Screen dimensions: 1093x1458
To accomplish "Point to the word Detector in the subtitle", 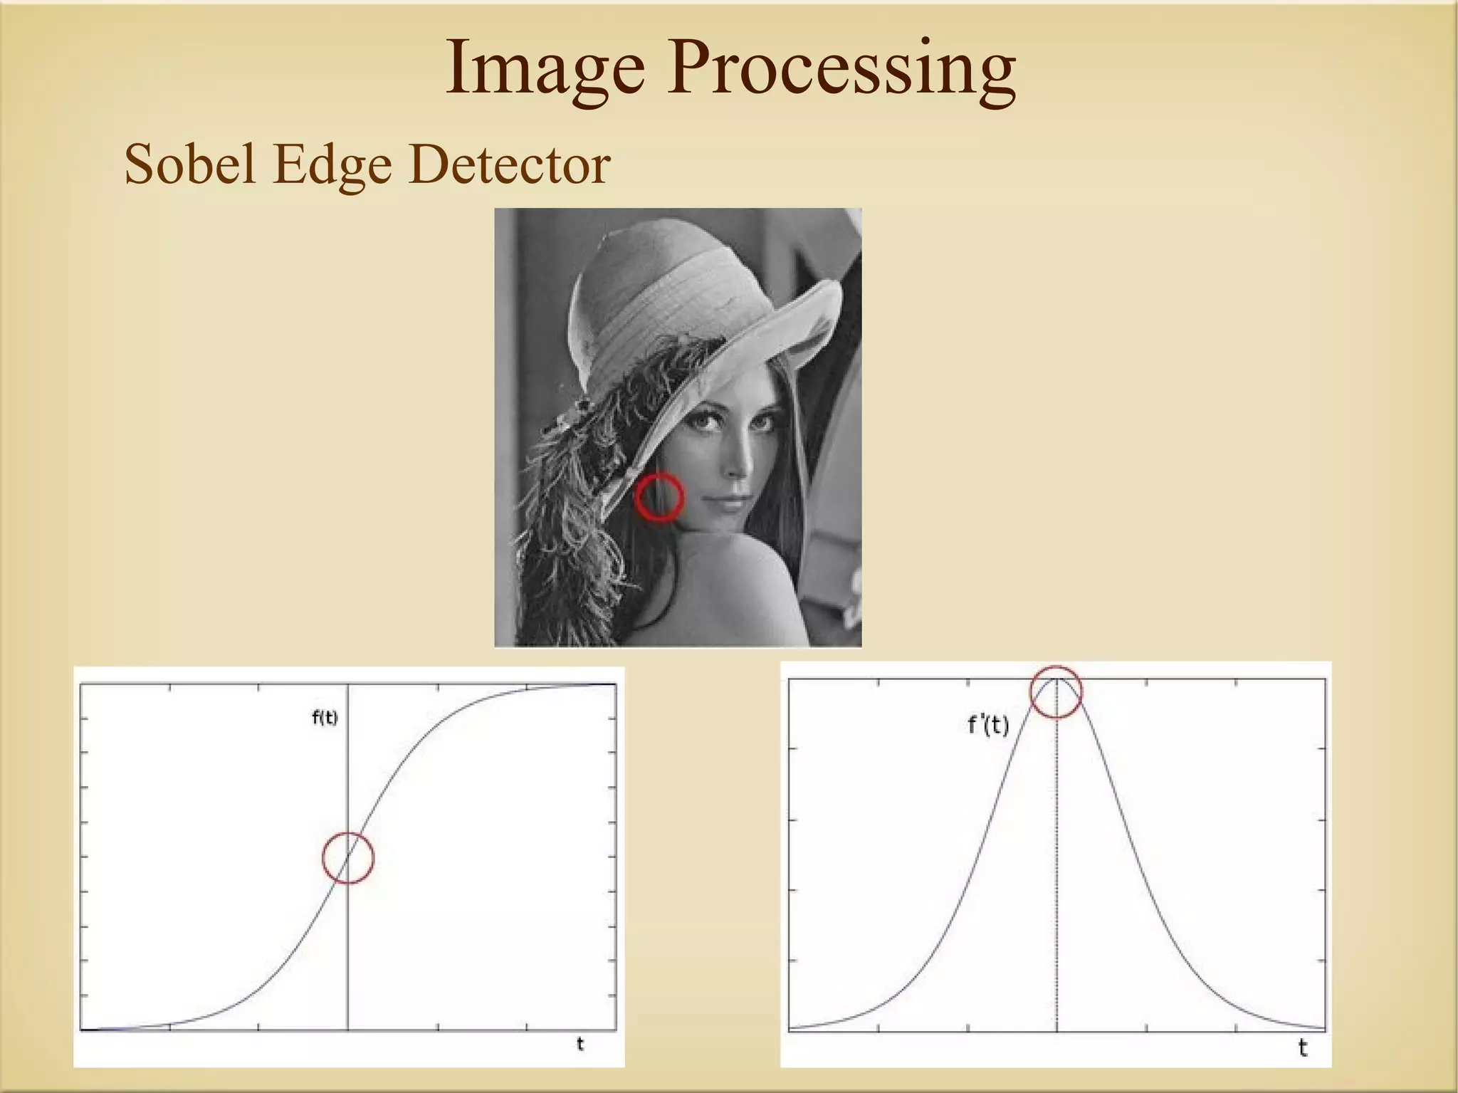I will [510, 164].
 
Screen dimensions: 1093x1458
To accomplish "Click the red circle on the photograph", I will [659, 497].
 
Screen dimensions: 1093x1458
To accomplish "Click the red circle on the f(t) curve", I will [348, 857].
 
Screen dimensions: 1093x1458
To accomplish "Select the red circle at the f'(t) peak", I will [1056, 691].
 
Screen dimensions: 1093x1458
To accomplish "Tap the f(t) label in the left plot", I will [325, 718].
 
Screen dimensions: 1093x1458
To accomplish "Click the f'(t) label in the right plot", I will [988, 726].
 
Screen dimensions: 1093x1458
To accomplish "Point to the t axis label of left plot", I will [580, 1044].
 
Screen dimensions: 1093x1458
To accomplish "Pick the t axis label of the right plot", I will [1303, 1047].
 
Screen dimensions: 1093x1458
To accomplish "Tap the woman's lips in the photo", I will [734, 502].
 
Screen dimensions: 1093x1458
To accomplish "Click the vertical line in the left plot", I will [348, 961].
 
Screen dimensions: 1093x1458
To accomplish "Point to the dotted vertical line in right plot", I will [1056, 890].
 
